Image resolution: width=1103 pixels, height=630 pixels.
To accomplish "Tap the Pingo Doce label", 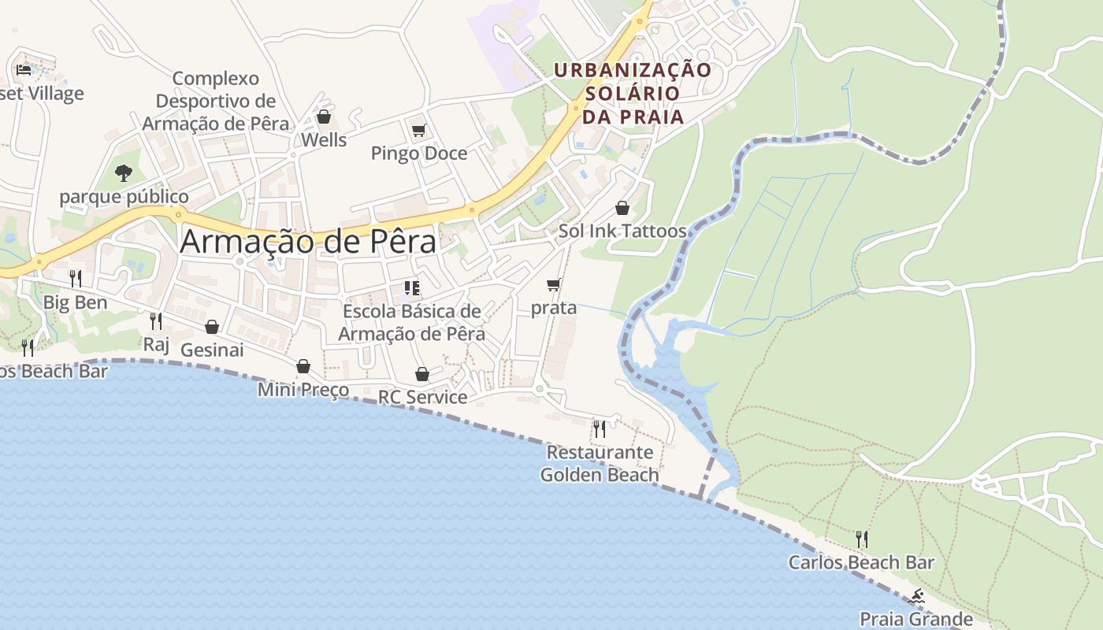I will tap(419, 153).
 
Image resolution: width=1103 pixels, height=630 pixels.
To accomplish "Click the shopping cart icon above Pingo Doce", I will tap(418, 130).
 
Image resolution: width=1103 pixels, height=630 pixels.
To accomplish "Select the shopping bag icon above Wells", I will tap(324, 117).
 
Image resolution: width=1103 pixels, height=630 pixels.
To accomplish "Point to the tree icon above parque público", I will tap(123, 172).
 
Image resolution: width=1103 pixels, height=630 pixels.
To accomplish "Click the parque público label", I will tap(124, 196).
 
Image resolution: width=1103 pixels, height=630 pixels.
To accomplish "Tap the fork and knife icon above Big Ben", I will tap(76, 278).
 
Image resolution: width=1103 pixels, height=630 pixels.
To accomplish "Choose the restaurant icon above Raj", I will tap(156, 321).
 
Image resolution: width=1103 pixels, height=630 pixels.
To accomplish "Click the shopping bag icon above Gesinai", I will tap(212, 327).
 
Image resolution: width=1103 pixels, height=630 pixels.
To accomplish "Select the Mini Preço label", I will tap(303, 390).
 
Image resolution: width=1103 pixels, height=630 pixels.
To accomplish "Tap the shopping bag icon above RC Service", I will tap(422, 374).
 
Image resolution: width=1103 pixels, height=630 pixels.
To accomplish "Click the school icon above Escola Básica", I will tap(411, 288).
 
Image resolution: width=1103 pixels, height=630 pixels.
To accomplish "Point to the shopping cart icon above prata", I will tap(554, 284).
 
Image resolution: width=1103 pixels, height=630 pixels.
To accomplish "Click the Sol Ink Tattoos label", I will tap(622, 232).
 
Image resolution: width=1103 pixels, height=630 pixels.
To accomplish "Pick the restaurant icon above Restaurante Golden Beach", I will tap(600, 428).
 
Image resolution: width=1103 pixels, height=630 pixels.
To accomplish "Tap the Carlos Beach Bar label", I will tap(861, 562).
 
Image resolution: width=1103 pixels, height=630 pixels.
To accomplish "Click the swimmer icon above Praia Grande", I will tap(916, 596).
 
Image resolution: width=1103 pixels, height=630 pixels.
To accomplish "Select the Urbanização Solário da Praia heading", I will tap(632, 93).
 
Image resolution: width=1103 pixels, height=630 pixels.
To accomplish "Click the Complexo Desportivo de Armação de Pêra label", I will tap(216, 101).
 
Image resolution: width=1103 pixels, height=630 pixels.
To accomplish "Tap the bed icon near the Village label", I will tap(24, 70).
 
